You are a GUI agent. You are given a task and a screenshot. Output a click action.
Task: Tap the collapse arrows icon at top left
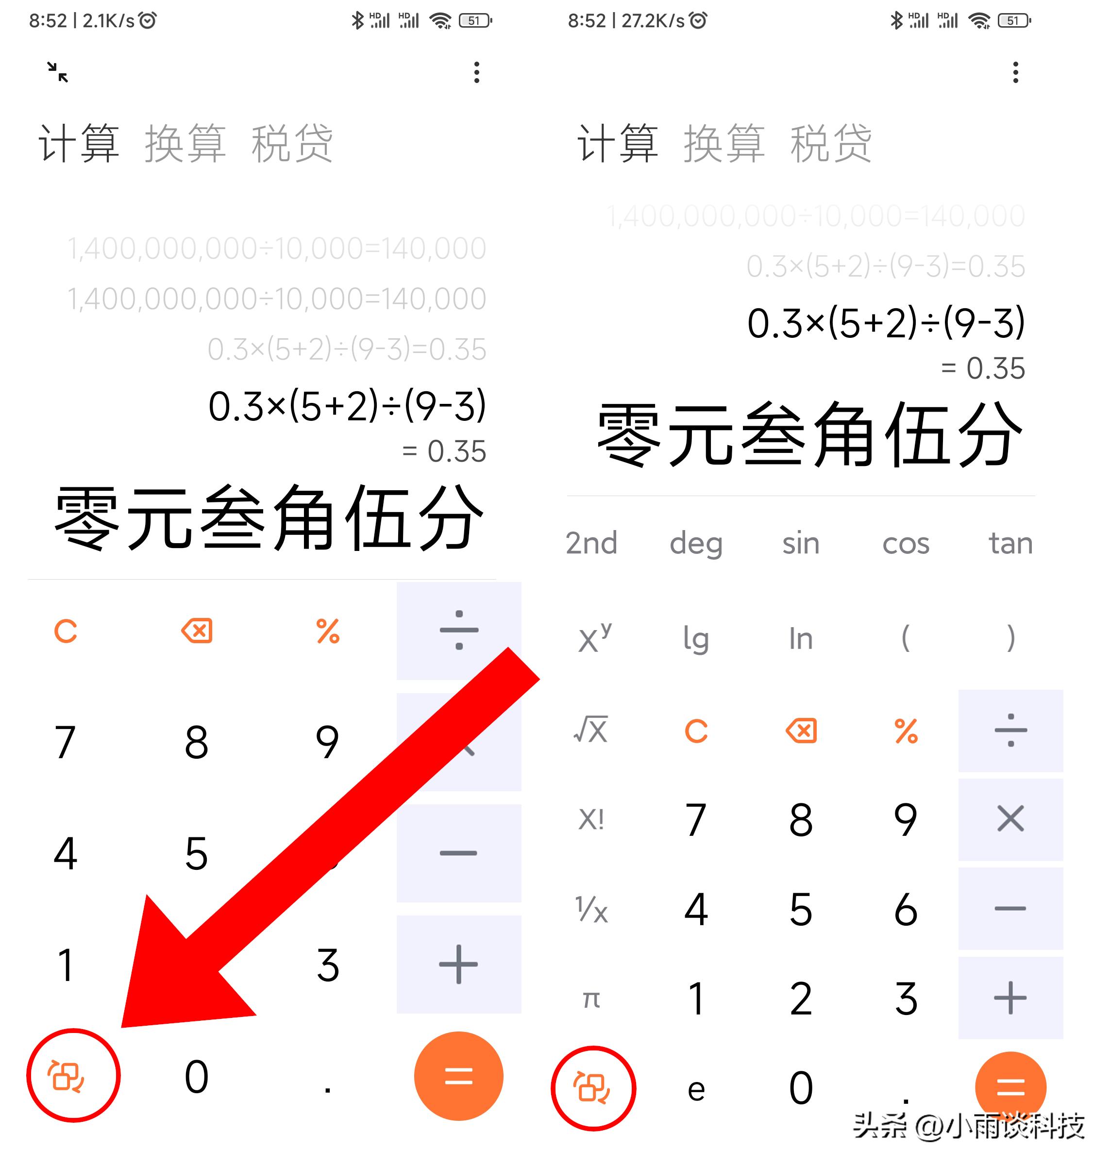57,72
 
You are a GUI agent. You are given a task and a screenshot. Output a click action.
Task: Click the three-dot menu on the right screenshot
1015,72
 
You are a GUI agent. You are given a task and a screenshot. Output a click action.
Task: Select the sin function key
801,543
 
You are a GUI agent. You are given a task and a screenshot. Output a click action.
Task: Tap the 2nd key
591,543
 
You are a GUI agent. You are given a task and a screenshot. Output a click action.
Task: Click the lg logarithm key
696,639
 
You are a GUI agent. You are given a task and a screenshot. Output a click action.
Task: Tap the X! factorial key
591,820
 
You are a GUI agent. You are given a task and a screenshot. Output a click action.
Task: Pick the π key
591,999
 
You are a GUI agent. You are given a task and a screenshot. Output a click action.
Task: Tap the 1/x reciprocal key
591,910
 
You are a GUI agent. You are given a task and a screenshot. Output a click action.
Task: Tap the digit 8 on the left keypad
197,742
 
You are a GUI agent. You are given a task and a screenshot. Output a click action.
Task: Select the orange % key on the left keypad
328,631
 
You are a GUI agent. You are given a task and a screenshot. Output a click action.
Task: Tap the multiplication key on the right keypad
1010,820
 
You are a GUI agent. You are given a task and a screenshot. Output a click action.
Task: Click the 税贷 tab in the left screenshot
292,144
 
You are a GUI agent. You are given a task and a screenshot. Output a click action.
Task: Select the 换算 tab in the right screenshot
724,144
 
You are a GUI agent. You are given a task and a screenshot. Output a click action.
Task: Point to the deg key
696,543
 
